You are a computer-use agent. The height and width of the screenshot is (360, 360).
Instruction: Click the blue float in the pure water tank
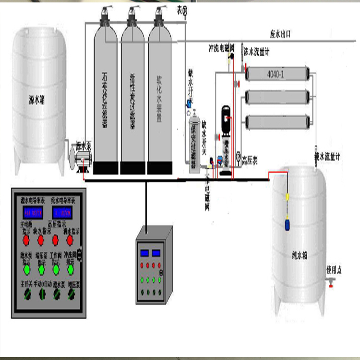pos(288,223)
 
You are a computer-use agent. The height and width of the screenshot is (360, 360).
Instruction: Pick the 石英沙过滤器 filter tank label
pos(105,101)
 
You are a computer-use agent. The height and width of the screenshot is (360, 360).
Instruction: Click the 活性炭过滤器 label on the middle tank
pos(132,101)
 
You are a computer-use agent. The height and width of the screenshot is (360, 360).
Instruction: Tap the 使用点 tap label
pos(334,270)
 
